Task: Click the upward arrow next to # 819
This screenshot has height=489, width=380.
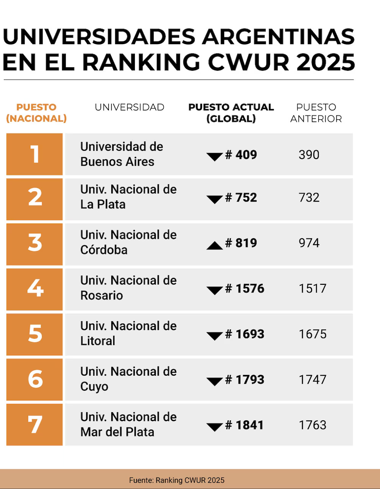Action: click(x=214, y=245)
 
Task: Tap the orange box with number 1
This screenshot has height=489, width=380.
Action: click(x=35, y=154)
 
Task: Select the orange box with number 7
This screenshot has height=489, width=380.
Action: click(x=35, y=425)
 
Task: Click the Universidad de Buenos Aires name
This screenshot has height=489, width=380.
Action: click(x=122, y=154)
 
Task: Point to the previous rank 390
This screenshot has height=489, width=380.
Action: click(x=309, y=155)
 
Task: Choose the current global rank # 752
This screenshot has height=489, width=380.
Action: click(x=241, y=197)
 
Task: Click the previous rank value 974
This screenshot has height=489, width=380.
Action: click(x=309, y=243)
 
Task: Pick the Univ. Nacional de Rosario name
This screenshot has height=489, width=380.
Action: click(x=128, y=288)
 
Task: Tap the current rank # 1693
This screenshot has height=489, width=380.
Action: click(x=245, y=334)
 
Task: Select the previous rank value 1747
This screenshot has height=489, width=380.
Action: click(x=313, y=380)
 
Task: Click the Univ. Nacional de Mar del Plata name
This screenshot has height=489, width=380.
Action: click(x=128, y=425)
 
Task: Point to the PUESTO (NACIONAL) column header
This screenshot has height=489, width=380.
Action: click(x=36, y=113)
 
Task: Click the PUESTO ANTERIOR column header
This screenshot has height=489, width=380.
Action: click(x=316, y=113)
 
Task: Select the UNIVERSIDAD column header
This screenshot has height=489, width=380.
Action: click(x=130, y=107)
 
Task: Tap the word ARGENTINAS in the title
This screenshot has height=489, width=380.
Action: click(x=279, y=37)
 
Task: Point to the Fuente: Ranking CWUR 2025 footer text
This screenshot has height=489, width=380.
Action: click(x=177, y=480)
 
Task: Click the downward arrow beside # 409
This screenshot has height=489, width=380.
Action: click(x=214, y=157)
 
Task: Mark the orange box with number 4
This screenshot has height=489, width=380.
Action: click(x=35, y=289)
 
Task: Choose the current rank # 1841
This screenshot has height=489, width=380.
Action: click(x=244, y=425)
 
